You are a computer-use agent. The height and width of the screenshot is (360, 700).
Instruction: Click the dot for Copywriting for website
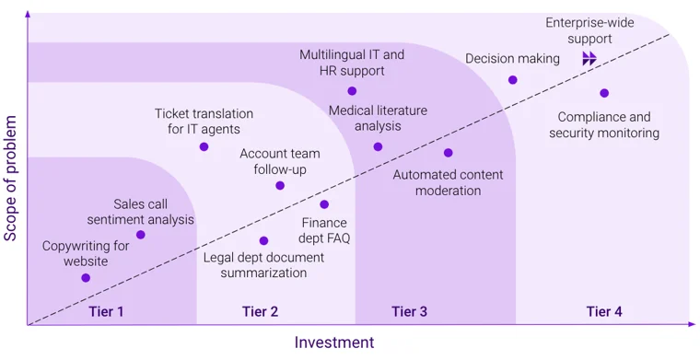tap(86, 277)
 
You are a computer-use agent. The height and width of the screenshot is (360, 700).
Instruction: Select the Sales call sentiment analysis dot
tap(141, 235)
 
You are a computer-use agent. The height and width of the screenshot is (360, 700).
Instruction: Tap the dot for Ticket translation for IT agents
tap(204, 146)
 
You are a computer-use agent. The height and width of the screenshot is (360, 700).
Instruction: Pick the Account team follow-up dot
tap(280, 185)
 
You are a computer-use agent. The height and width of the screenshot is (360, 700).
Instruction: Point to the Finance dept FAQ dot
tap(324, 204)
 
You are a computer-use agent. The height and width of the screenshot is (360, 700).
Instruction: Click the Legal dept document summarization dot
tap(264, 240)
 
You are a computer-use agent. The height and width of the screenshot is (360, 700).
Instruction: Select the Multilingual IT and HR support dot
tap(352, 90)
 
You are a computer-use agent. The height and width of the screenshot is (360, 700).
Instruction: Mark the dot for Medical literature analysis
tap(378, 146)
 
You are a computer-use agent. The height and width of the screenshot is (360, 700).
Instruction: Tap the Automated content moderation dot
tap(449, 153)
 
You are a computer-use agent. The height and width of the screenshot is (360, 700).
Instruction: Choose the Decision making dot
tap(513, 79)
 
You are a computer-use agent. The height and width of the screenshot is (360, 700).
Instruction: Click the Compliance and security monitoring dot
tap(604, 93)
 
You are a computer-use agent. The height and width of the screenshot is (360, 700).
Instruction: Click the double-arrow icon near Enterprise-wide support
tap(589, 59)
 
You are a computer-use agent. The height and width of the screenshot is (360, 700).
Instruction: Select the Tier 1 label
tap(106, 311)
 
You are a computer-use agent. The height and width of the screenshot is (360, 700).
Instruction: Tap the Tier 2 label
tap(260, 311)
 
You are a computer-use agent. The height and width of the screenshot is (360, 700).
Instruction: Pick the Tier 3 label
tap(409, 311)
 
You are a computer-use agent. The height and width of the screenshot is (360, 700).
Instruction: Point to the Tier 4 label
tap(604, 311)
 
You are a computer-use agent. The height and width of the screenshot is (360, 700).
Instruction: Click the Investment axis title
tap(334, 343)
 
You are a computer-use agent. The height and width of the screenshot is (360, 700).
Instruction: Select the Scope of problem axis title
tap(11, 178)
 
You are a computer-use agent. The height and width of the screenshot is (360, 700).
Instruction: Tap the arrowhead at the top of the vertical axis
tap(28, 16)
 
